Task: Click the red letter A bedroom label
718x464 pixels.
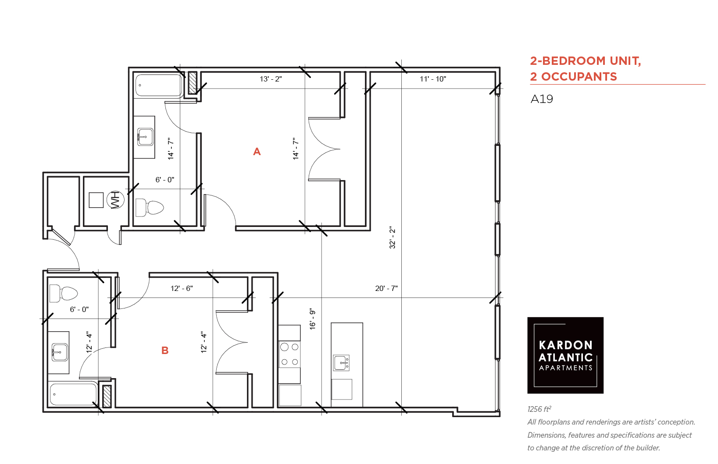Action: pos(257,152)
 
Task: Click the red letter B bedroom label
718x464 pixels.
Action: pos(165,351)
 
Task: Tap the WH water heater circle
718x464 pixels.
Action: pos(115,200)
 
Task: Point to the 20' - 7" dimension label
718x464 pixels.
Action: pos(386,288)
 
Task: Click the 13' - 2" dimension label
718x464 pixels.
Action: pos(271,79)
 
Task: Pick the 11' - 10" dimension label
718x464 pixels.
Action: pos(433,79)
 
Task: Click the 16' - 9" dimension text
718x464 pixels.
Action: pos(313,319)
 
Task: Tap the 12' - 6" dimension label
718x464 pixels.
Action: pos(182,288)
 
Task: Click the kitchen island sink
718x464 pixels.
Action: pos(341,363)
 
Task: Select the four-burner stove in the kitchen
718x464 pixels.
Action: pos(289,354)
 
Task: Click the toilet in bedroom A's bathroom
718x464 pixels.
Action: pos(150,208)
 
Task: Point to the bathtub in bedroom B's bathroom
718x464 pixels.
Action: pos(73,394)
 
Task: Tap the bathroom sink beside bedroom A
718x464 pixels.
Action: pos(145,137)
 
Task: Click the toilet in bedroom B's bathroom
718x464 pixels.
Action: pos(64,293)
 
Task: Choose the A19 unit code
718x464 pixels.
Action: pos(542,99)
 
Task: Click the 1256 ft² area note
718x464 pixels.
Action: pos(539,409)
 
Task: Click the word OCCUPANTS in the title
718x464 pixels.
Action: pos(579,77)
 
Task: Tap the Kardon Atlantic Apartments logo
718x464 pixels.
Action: pos(565,355)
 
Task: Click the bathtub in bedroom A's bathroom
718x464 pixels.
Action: pos(159,85)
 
